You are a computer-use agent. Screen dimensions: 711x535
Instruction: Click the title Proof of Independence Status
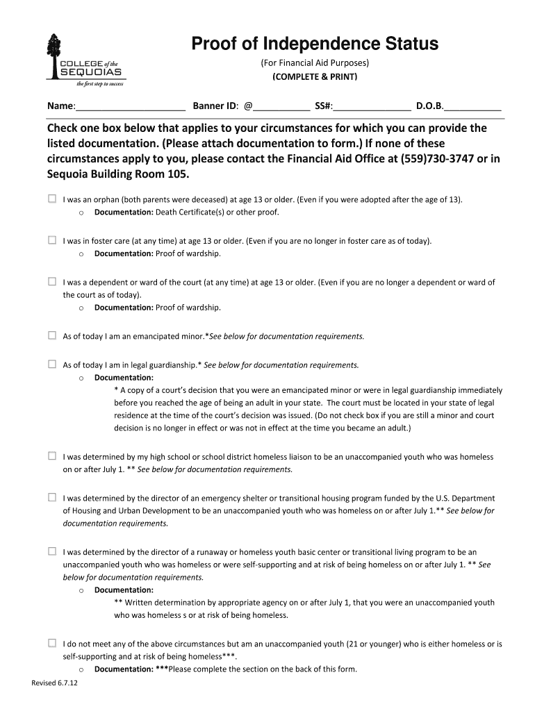point(315,44)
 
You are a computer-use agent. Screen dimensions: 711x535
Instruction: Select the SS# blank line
point(372,108)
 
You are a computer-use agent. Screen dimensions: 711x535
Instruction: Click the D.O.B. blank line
point(473,108)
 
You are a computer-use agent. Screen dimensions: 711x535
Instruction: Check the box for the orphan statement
point(52,199)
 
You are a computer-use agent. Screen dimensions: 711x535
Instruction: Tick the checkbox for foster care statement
point(52,241)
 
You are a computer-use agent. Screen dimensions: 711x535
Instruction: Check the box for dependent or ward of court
point(52,283)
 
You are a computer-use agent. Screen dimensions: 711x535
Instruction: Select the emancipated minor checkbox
point(52,336)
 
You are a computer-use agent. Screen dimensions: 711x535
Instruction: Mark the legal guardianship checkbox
point(52,365)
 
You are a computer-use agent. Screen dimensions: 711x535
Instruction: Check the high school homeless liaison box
point(52,457)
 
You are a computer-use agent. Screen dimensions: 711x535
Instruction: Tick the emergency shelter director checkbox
point(52,498)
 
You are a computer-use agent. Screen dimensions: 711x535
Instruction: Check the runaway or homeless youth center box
point(52,551)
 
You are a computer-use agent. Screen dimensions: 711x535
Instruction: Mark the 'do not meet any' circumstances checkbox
point(52,644)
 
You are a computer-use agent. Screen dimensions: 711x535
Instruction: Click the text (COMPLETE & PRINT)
point(315,76)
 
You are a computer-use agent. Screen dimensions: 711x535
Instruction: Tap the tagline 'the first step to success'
point(100,85)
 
